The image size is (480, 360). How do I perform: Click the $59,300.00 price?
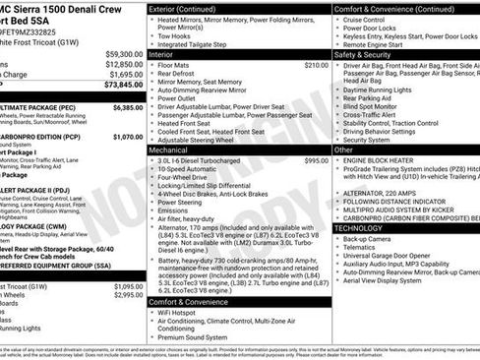pos(124,54)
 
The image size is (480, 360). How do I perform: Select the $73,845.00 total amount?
pos(124,85)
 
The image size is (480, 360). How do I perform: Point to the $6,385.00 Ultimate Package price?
pos(128,107)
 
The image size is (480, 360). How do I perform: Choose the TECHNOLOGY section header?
pos(366,227)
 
